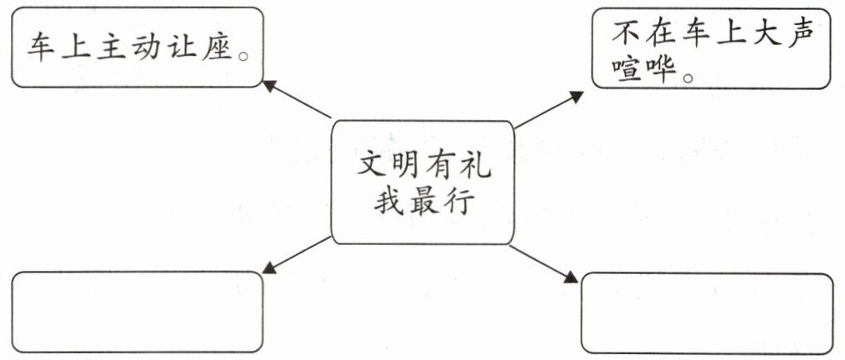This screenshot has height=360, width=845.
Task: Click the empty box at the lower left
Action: click(x=137, y=312)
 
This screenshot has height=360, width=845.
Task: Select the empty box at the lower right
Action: click(x=707, y=313)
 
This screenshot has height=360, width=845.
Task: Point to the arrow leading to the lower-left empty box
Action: click(x=297, y=254)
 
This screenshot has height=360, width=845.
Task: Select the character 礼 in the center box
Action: click(x=476, y=163)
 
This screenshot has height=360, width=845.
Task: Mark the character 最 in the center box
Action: click(x=424, y=202)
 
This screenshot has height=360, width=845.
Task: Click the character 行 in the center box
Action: click(x=458, y=202)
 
